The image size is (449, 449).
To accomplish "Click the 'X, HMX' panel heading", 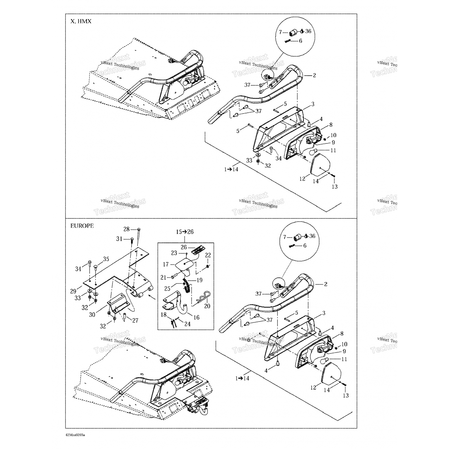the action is (x=81, y=22).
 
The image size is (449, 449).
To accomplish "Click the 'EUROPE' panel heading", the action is (x=82, y=226).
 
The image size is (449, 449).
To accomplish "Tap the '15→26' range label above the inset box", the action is (x=185, y=232).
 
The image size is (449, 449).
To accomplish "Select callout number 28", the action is (x=127, y=229).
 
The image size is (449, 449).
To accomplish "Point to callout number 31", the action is (x=119, y=239).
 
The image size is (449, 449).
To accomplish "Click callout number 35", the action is (x=106, y=259).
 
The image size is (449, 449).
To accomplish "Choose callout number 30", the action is (x=92, y=315).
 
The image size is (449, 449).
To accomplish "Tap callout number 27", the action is (x=135, y=321).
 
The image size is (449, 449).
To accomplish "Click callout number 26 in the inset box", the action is (x=184, y=247).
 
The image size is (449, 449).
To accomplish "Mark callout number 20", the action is (x=207, y=306).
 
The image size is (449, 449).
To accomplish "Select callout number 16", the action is (x=196, y=317).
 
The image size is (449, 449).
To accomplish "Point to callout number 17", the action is (x=166, y=264).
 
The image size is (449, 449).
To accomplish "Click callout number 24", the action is (x=187, y=324).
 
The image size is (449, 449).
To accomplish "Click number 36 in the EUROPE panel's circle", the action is (x=312, y=236).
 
